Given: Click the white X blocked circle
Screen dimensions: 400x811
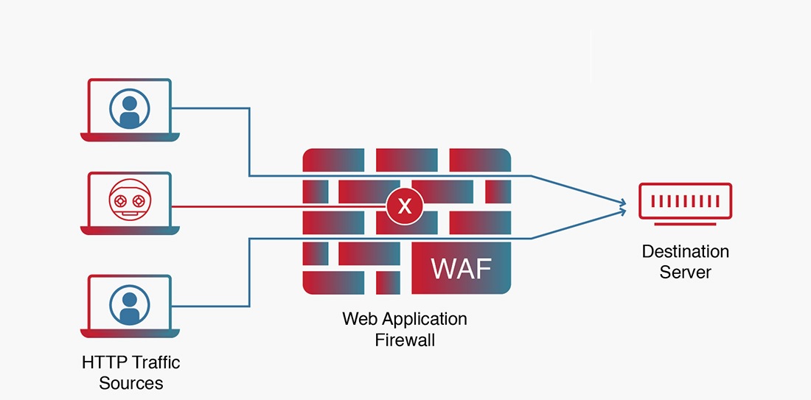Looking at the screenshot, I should coord(405,206).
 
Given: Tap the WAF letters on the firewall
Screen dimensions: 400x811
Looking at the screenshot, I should coord(461,268).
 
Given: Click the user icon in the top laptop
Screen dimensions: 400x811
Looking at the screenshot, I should coord(130,109).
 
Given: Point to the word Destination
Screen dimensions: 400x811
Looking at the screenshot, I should coord(685,252).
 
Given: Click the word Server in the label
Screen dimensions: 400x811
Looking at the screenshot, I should coord(685,272).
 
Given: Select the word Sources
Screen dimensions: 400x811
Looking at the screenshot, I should coord(130,383).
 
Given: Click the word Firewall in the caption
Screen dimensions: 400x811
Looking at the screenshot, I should coord(405,340).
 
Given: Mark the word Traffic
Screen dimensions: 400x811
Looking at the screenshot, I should coord(156,362).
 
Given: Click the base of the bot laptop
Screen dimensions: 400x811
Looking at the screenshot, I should coord(130,231).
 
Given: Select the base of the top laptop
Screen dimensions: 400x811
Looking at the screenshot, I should coord(130,137).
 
